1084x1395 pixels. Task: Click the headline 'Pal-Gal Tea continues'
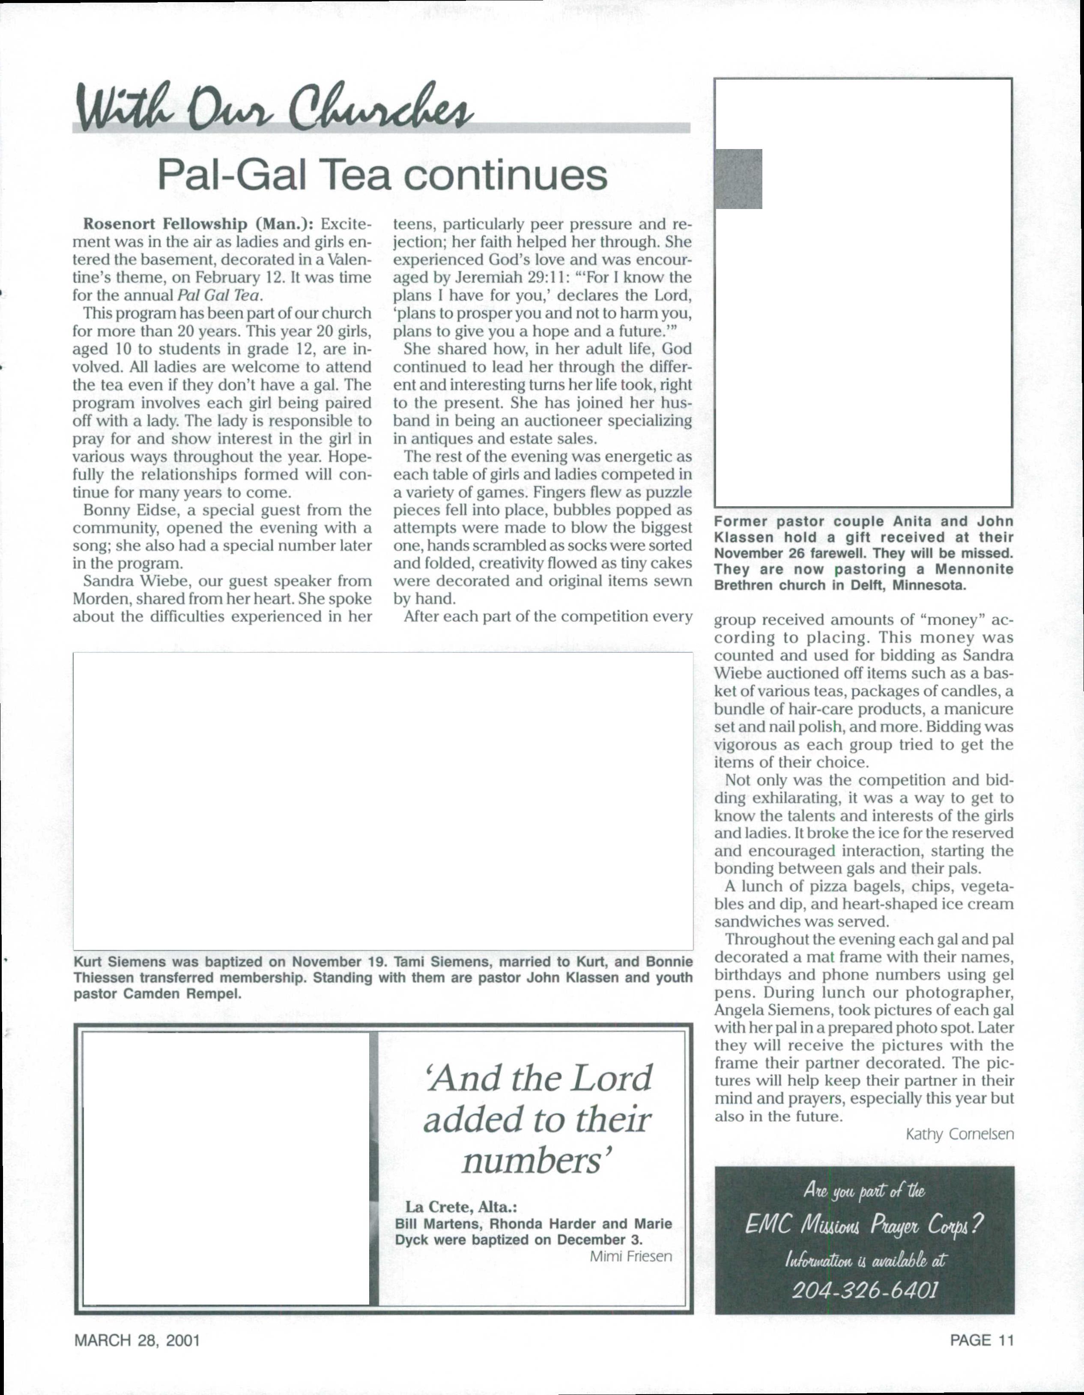click(x=382, y=175)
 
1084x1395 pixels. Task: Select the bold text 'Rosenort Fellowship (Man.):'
click(x=198, y=224)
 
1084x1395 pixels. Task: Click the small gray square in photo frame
click(x=738, y=179)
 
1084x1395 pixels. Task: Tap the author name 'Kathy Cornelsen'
click(x=959, y=1135)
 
